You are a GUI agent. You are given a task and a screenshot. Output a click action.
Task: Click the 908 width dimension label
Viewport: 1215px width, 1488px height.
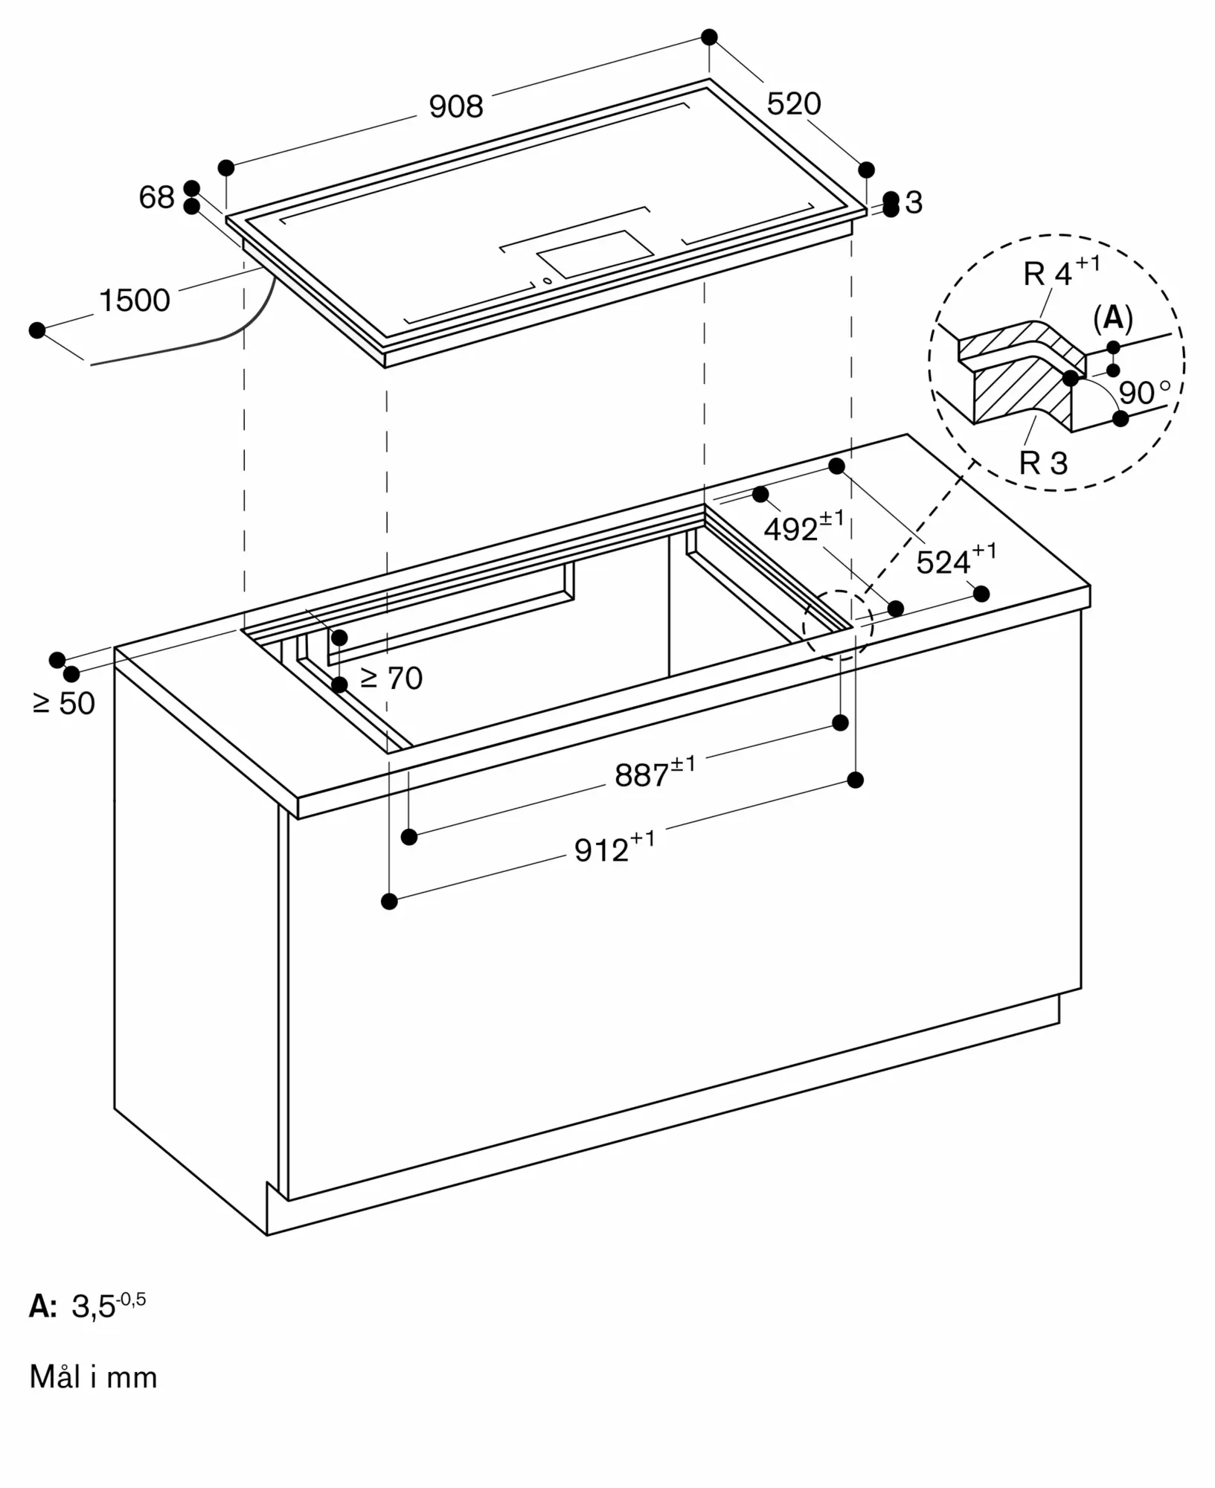[x=456, y=106]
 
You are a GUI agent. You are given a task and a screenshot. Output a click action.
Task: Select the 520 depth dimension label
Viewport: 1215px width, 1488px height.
[x=794, y=103]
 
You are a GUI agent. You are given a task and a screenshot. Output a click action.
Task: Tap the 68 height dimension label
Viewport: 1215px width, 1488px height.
[x=156, y=197]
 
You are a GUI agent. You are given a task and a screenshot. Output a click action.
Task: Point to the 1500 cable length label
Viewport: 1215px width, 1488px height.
[x=135, y=300]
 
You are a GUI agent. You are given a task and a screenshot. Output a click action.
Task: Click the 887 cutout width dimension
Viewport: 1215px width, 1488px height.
[x=655, y=772]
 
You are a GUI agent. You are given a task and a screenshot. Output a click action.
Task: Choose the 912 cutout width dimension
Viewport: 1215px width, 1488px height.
[x=615, y=847]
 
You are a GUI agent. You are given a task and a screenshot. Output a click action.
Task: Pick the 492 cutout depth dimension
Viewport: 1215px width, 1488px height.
[x=804, y=526]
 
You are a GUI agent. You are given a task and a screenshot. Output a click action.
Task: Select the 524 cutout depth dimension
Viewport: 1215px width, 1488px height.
[x=956, y=559]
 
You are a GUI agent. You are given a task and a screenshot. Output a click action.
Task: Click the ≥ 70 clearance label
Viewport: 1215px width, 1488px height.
[x=391, y=678]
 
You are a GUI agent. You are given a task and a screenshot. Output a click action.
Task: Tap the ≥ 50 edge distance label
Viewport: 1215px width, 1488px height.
[x=64, y=703]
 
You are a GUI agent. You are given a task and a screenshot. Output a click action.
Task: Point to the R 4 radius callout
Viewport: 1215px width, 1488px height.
[x=1062, y=271]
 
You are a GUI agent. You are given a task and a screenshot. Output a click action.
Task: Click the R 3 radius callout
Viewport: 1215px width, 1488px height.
[x=1043, y=463]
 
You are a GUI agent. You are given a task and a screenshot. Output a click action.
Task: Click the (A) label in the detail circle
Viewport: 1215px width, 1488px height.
[x=1113, y=318]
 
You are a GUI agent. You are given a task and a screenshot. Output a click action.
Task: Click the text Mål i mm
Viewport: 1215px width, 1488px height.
[x=94, y=1377]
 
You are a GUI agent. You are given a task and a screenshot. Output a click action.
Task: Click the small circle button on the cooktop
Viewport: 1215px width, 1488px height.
[x=548, y=280]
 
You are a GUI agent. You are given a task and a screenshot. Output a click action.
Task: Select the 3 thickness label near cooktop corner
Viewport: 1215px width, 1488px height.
[x=914, y=202]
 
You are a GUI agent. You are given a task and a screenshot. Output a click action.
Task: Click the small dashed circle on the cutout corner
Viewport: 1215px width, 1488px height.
[x=838, y=626]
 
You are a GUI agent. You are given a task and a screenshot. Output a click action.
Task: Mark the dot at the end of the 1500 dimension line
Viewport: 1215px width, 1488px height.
[x=36, y=330]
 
